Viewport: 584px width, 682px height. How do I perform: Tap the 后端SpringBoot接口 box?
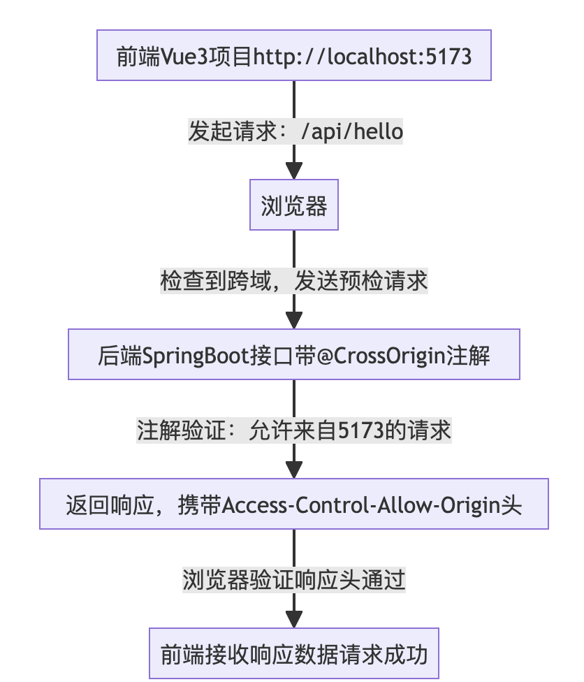coord(293,356)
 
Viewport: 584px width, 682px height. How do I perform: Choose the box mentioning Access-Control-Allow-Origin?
coord(293,504)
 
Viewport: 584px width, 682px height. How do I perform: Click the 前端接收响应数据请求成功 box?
coord(293,655)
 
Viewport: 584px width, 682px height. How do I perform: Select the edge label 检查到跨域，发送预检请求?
coord(293,281)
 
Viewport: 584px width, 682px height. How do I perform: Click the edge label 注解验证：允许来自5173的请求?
coord(293,430)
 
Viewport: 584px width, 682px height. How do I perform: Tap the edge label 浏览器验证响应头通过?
coord(293,579)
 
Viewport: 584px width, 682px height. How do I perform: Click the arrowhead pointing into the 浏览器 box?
coord(293,171)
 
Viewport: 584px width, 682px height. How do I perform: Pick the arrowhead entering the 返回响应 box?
coord(293,470)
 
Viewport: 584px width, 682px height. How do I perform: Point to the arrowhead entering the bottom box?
coord(293,619)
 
